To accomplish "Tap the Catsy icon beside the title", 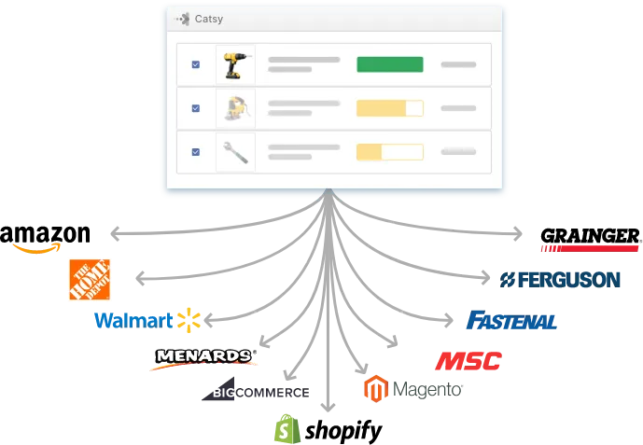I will pos(183,19).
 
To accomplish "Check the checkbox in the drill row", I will pos(195,64).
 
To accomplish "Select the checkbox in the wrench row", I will pos(195,151).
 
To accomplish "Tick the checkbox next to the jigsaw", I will pos(195,108).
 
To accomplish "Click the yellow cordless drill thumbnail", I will pos(234,64).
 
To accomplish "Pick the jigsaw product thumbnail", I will pos(234,108).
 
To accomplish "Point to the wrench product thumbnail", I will pos(234,151).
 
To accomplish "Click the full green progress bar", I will pos(389,64).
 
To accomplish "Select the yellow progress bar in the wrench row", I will pos(389,151).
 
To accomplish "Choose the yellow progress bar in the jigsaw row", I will pos(389,108).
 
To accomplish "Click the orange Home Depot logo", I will pos(90,279).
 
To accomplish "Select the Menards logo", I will pos(203,356).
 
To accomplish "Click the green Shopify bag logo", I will pos(284,427).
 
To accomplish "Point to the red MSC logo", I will pos(468,361).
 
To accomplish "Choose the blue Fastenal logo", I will pos(510,322).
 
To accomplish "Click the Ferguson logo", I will pos(562,279).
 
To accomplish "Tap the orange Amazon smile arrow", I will pos(37,249).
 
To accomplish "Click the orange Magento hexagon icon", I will pos(374,388).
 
